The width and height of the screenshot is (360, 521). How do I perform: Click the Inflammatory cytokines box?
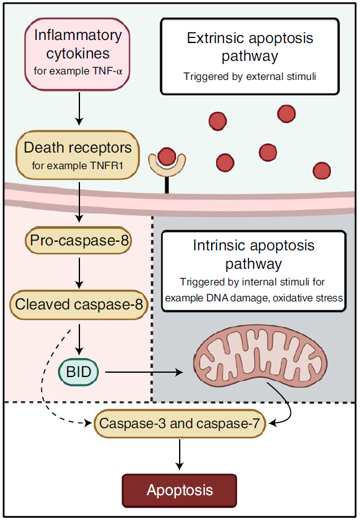click(x=77, y=54)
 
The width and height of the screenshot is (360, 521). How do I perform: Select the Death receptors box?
click(x=78, y=155)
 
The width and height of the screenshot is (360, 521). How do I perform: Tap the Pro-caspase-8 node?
click(x=78, y=241)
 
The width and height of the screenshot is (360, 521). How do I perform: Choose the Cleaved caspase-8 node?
click(x=79, y=304)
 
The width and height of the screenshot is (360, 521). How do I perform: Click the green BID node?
click(x=78, y=372)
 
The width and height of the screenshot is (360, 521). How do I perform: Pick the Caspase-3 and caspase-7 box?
click(x=180, y=423)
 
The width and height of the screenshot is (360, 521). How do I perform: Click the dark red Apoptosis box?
click(x=180, y=490)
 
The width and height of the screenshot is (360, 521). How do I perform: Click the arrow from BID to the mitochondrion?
click(x=144, y=372)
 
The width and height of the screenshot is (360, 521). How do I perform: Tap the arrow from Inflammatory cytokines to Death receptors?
click(x=79, y=109)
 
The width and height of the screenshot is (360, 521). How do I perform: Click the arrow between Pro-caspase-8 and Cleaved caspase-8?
click(x=79, y=272)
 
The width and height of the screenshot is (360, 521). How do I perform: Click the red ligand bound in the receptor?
click(x=167, y=156)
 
